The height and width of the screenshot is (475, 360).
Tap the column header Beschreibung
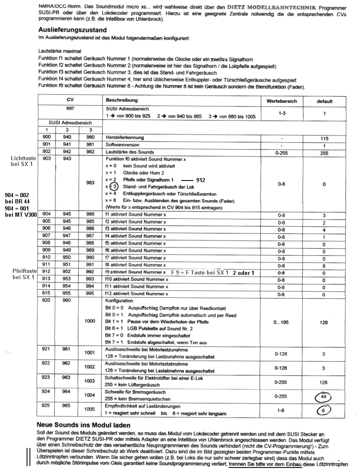tap(121, 100)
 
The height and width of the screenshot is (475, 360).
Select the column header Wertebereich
tap(280, 101)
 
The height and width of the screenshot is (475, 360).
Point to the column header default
tap(324, 101)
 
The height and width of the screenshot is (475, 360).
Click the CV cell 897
tap(69, 109)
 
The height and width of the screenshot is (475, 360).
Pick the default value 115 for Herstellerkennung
tap(324, 139)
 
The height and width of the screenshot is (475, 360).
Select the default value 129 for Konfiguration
tap(324, 322)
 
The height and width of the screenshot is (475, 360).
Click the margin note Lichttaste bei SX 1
tap(24, 162)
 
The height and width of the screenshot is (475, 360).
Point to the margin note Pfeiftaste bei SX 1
tap(24, 274)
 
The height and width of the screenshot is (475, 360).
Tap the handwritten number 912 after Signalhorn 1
tap(201, 180)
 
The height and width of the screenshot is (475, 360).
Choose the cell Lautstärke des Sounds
tap(130, 152)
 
